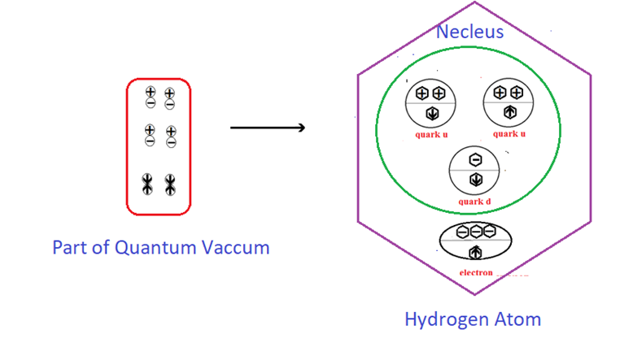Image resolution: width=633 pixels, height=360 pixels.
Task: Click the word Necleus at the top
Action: point(469,32)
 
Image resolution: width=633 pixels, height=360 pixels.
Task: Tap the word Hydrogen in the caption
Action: point(447,319)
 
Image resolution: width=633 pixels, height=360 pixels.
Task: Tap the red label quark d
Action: point(474,202)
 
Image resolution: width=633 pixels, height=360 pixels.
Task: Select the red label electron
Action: point(476,272)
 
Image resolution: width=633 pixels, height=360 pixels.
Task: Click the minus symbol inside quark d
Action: point(475,159)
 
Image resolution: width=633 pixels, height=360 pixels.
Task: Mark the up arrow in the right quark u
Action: point(509,112)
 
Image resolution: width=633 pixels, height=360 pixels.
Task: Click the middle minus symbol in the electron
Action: point(476,232)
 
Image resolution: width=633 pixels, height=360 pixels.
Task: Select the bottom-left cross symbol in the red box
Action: point(148,184)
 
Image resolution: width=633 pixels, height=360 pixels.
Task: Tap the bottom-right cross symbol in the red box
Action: point(169,184)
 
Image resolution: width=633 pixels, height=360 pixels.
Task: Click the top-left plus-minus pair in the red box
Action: point(150,97)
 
